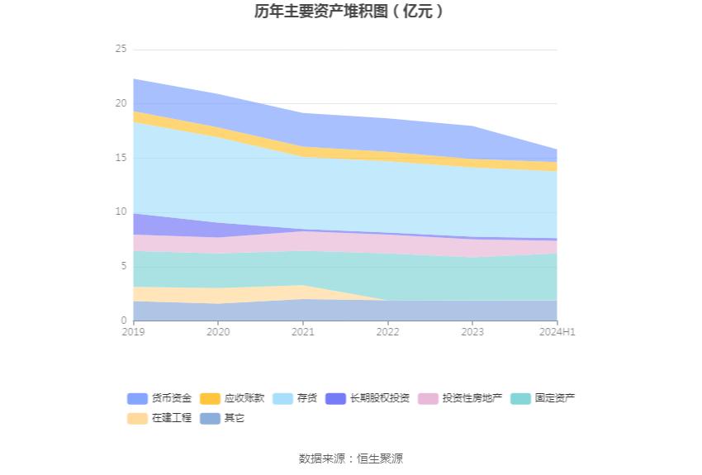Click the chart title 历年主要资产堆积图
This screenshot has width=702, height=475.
pos(350,12)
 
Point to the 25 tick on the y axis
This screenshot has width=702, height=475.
pos(121,50)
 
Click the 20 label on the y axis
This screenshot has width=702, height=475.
pos(121,104)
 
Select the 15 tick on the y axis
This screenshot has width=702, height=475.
pos(121,158)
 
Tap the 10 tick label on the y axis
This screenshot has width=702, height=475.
pos(121,212)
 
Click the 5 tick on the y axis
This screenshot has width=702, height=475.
pos(123,266)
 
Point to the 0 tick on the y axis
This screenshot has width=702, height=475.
pos(123,321)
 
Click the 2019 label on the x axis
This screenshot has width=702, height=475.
pos(133,332)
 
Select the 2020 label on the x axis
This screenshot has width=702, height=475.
pos(218,332)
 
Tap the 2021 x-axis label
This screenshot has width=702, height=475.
pos(302,332)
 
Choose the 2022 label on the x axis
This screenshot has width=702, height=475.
pos(387,332)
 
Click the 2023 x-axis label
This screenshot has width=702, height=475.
pos(472,332)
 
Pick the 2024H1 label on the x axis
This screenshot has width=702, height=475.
pos(557,332)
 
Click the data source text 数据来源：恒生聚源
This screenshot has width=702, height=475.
pos(350,458)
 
